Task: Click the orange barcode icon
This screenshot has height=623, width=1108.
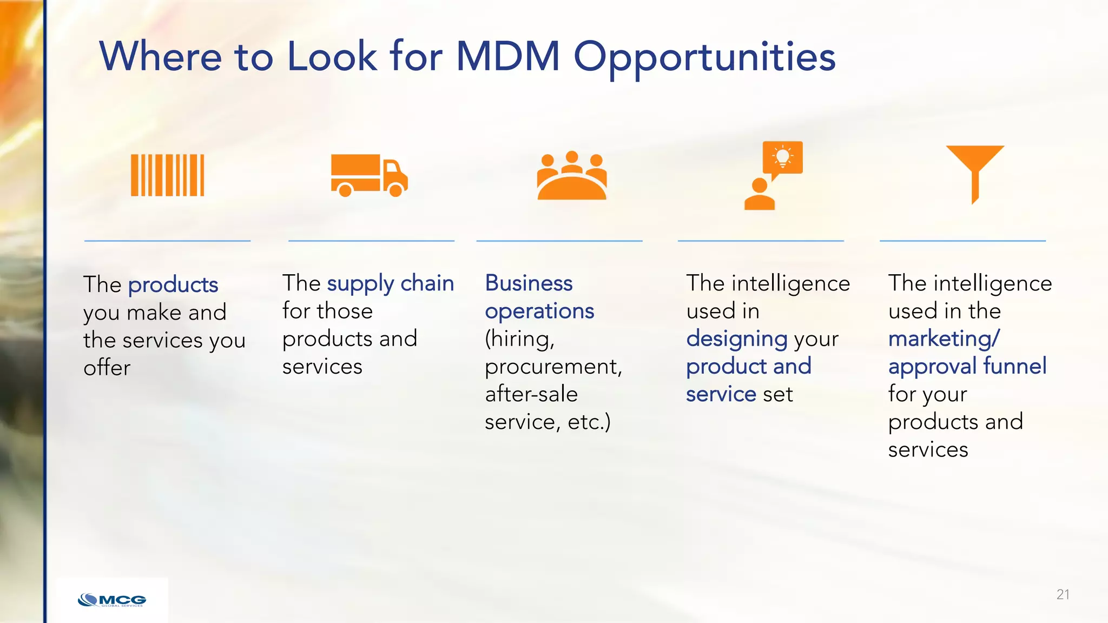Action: click(x=167, y=175)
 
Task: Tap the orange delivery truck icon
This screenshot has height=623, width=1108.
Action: click(x=369, y=175)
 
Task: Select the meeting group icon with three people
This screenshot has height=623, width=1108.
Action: click(x=571, y=176)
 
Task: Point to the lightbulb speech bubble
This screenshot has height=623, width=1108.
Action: click(x=782, y=158)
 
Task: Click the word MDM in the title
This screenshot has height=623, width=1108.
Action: click(x=507, y=56)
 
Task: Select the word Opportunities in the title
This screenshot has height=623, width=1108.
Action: click(x=704, y=57)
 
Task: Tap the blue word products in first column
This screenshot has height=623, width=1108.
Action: click(x=173, y=285)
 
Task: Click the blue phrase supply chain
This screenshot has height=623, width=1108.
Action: click(x=390, y=283)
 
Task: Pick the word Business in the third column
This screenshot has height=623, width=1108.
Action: click(x=529, y=283)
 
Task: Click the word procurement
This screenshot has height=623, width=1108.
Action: click(x=553, y=367)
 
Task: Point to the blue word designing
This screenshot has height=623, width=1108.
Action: click(x=736, y=339)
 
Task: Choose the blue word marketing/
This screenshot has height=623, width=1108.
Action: click(x=944, y=339)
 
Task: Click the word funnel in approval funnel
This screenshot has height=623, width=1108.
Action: click(x=1014, y=366)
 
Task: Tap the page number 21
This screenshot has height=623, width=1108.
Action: click(x=1063, y=594)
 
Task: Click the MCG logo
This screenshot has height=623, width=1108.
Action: click(x=112, y=600)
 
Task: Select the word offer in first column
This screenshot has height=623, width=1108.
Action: click(x=107, y=368)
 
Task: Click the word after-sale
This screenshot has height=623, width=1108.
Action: click(x=531, y=394)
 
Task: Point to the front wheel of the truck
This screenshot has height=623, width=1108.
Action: click(x=395, y=190)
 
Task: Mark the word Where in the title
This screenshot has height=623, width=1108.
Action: click(x=160, y=56)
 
